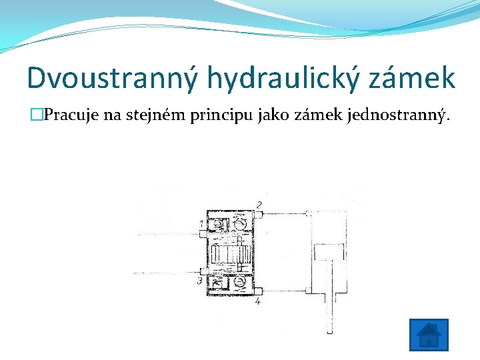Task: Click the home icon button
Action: [x=428, y=335]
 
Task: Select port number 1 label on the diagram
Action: [x=202, y=223]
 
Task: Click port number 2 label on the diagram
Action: [x=259, y=203]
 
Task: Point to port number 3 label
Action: [x=199, y=282]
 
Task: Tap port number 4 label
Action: [x=258, y=301]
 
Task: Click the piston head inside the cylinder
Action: [x=329, y=252]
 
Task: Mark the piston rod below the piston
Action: [x=329, y=293]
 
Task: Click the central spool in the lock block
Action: [x=230, y=254]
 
